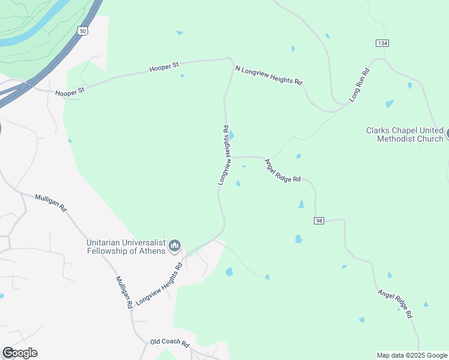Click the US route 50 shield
(x=82, y=30)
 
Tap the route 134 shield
(x=381, y=43)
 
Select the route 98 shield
(x=319, y=221)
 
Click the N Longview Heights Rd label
(x=269, y=76)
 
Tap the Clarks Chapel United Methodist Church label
(x=405, y=134)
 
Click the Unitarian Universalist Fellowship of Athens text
(x=125, y=247)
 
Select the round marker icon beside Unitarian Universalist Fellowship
(x=175, y=245)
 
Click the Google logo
(x=20, y=353)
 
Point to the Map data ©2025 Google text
(x=412, y=355)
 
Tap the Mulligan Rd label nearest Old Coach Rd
(x=124, y=292)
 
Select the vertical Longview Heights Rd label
(x=224, y=155)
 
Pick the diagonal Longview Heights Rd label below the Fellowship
(x=158, y=284)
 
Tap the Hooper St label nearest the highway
(x=70, y=92)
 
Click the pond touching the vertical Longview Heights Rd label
(x=232, y=136)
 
